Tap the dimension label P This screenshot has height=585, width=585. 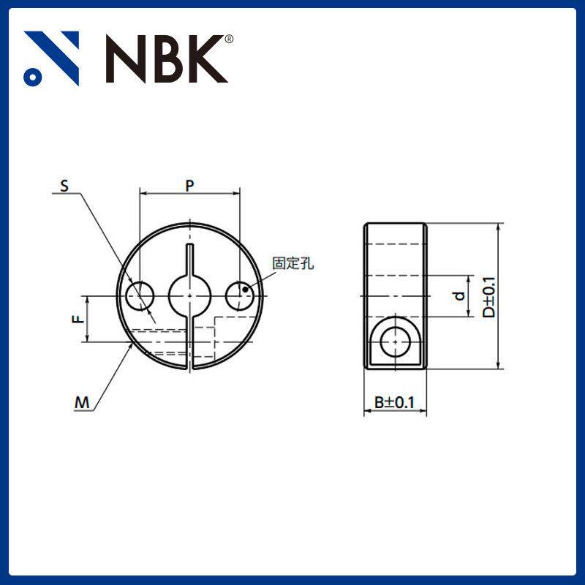click(x=189, y=186)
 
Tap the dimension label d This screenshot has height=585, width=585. click(x=458, y=296)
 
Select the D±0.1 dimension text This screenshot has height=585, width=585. click(x=488, y=296)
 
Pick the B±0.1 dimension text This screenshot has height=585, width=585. click(x=395, y=402)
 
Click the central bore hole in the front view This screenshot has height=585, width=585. click(x=190, y=295)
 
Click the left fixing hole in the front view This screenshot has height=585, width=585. click(x=140, y=295)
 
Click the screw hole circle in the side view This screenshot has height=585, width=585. click(x=396, y=340)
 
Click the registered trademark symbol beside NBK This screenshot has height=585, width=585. click(x=230, y=39)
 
